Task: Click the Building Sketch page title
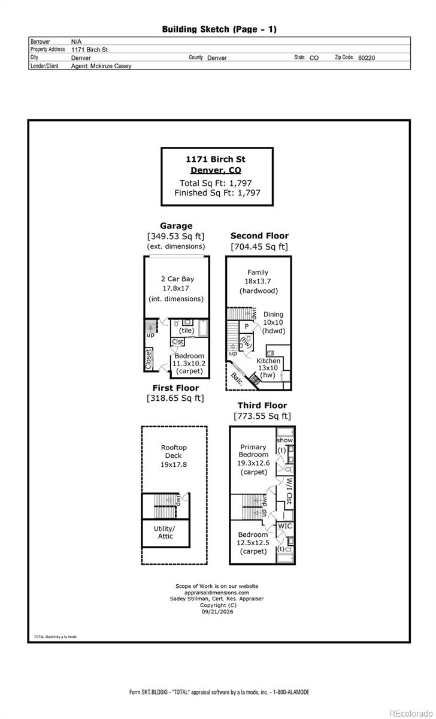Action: (219, 29)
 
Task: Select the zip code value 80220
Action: (367, 58)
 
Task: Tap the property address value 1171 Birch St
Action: (89, 49)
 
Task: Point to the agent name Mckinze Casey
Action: (111, 66)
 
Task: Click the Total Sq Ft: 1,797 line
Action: (216, 183)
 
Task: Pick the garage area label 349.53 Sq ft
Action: (176, 236)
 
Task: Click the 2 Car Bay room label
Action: (177, 279)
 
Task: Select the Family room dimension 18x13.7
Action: (258, 281)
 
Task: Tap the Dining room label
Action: (273, 314)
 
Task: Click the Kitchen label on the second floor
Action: (268, 361)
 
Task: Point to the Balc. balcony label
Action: (237, 379)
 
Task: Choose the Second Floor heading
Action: (259, 236)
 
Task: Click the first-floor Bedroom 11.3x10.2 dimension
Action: (189, 363)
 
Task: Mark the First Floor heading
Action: (175, 388)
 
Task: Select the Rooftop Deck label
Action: (174, 451)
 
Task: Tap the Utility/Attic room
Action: (165, 532)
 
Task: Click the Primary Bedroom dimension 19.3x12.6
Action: (253, 463)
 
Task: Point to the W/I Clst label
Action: (289, 491)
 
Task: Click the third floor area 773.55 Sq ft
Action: (262, 416)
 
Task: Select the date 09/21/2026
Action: (217, 612)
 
